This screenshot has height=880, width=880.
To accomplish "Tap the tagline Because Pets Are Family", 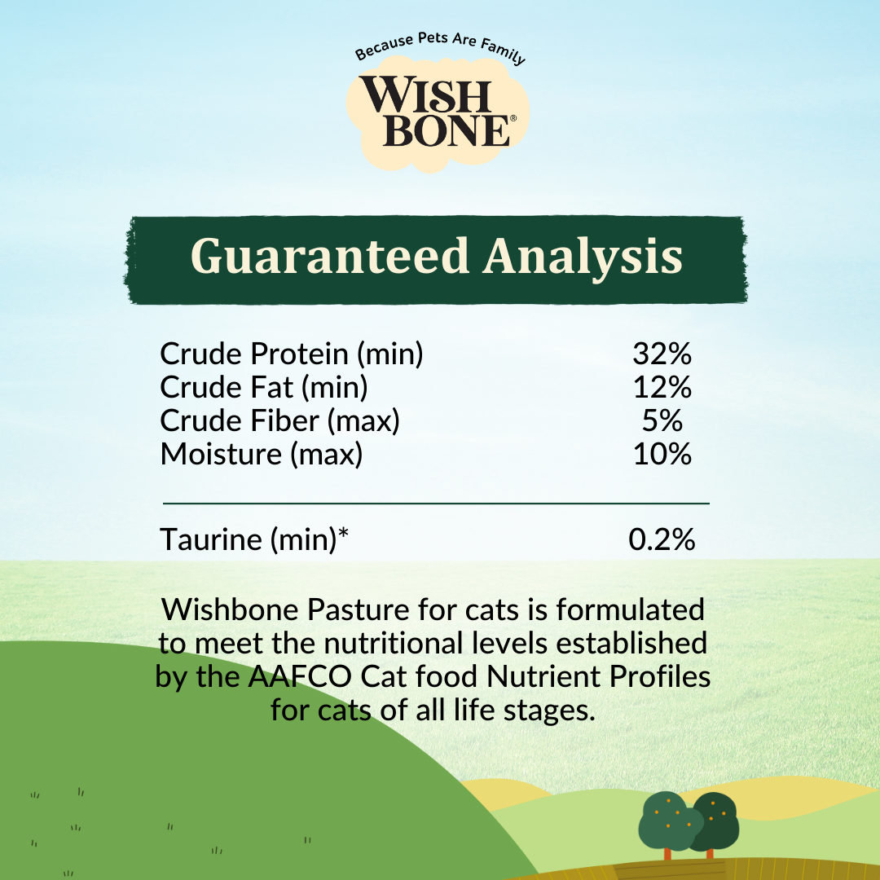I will coord(440,56).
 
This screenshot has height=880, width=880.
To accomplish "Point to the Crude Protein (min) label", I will coord(292,354).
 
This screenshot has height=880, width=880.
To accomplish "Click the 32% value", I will coord(662,354).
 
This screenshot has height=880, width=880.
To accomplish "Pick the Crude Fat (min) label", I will coord(264,388).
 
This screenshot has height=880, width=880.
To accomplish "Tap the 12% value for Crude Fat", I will coord(662,388).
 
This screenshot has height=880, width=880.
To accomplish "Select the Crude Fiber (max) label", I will coord(279,421).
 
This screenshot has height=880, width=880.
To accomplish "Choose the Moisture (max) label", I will coord(262,455).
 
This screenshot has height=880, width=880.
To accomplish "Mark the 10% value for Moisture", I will coord(662,455).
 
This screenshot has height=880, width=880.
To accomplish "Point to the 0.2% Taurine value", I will coord(662,539).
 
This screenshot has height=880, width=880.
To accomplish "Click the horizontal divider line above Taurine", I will coord(436,504).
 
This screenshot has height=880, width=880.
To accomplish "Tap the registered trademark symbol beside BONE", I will coord(512,118).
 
